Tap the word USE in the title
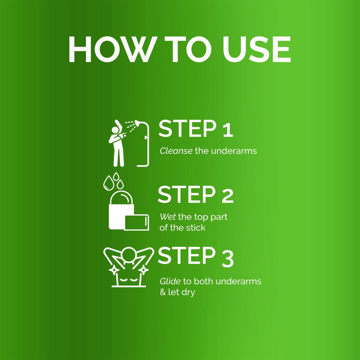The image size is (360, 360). tap(256, 49)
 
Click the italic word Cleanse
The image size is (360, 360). tap(176, 151)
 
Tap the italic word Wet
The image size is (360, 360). tap(168, 216)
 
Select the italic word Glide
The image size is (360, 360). tap(170, 282)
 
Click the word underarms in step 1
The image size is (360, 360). tap(234, 151)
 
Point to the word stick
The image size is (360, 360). tap(196, 228)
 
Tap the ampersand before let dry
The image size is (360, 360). tap(163, 292)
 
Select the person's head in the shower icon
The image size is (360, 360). tap(115, 130)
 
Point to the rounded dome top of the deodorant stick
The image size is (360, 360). tap(122, 197)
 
